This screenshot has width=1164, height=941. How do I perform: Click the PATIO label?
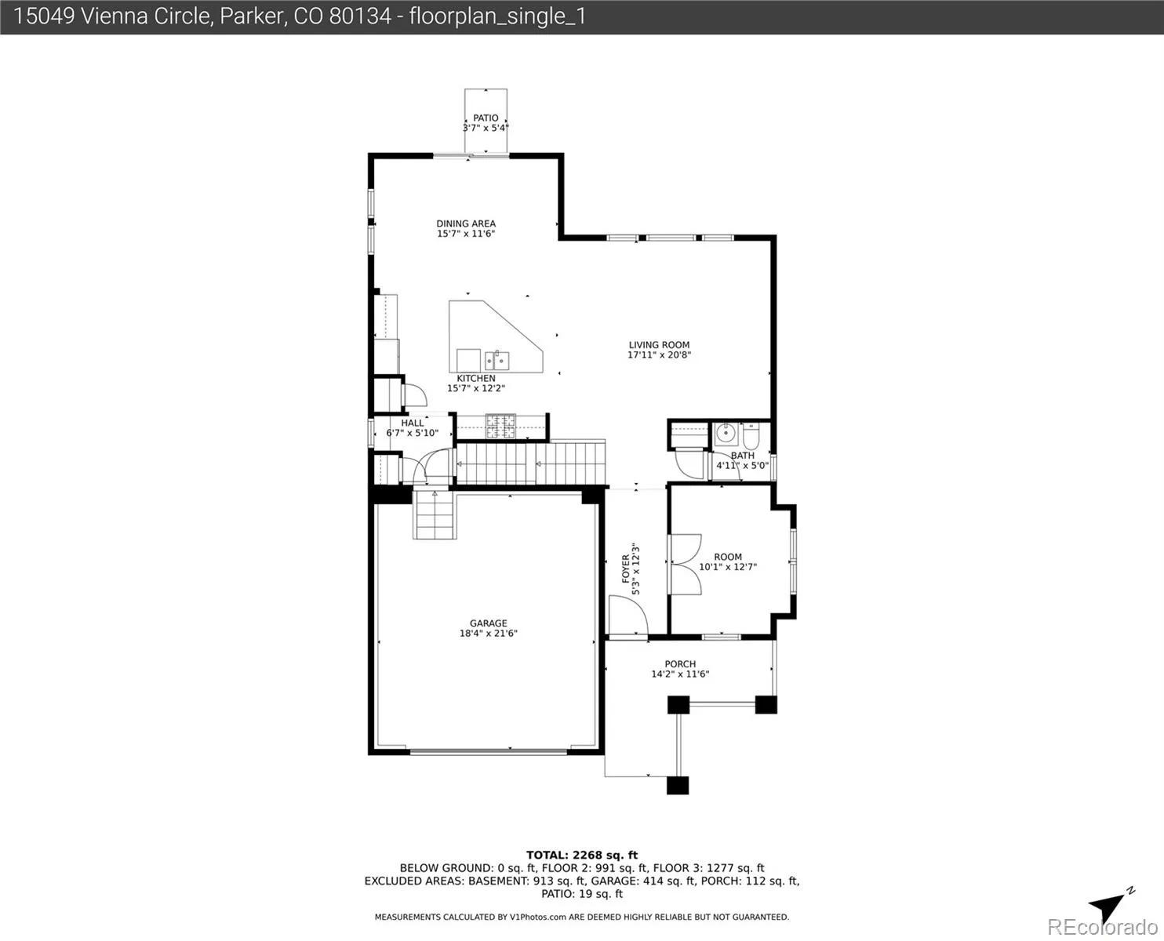pos(486,118)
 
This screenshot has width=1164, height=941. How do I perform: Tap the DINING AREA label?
pos(466,223)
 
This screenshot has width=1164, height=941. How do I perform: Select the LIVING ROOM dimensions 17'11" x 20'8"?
pos(659,355)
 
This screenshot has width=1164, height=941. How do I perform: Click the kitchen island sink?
pos(497,361)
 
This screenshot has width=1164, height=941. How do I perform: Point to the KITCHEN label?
pos(476,379)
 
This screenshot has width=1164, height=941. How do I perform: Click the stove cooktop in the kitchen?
pos(500,426)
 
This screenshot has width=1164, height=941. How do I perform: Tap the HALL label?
pos(412,423)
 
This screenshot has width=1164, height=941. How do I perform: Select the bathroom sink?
pos(726,434)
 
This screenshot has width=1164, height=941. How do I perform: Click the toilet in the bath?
pos(751,434)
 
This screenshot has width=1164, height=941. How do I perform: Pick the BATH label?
pos(742,456)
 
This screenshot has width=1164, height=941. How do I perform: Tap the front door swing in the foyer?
pos(628,616)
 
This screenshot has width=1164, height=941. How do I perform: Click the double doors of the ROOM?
pos(686,564)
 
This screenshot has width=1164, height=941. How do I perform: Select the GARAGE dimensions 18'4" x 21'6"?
pos(488,634)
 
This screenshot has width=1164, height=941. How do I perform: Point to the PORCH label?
pos(680,664)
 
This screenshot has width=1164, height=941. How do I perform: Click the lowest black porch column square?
pos(678,786)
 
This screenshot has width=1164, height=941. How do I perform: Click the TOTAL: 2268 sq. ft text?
pos(582,856)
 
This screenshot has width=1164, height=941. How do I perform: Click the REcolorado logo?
pos(1103,927)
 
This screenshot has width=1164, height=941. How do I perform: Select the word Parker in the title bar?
pos(251,16)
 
